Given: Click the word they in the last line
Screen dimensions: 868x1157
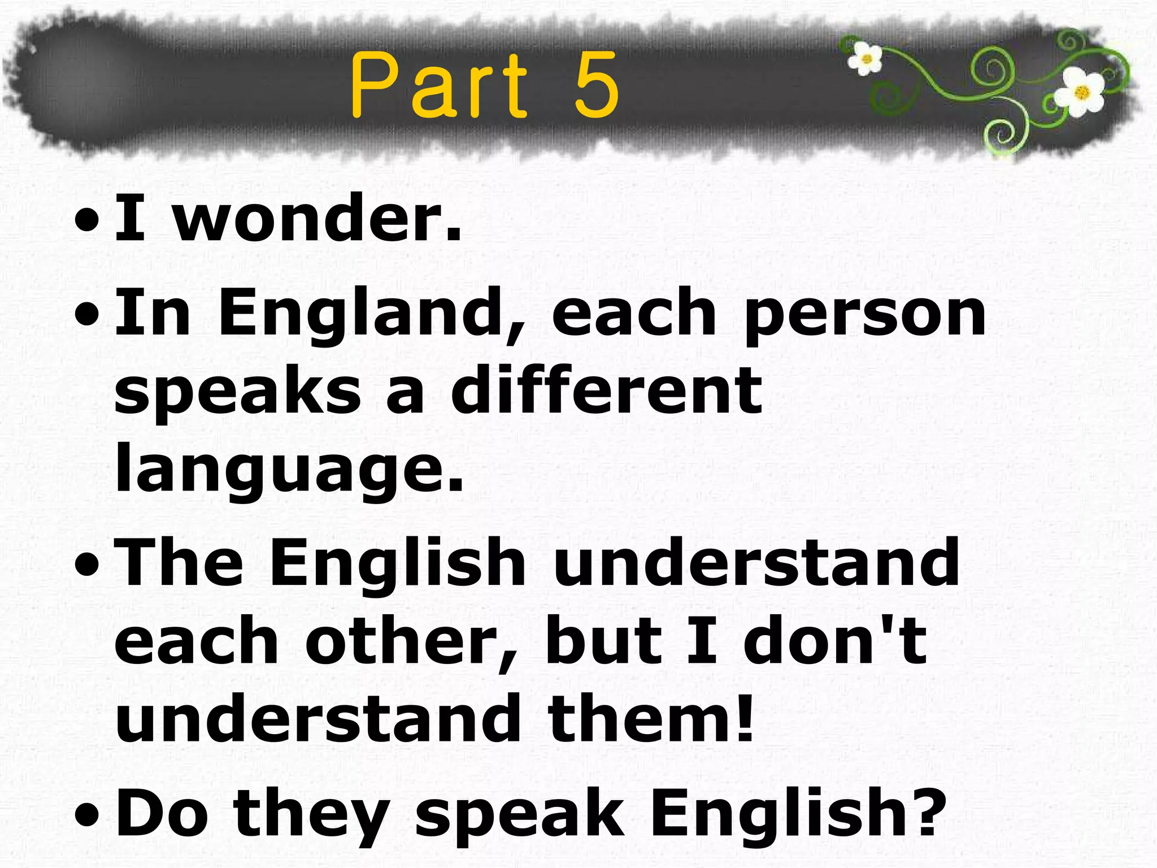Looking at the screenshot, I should pyautogui.click(x=311, y=814).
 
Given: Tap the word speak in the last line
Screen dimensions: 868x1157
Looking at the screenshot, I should pyautogui.click(x=520, y=814).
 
